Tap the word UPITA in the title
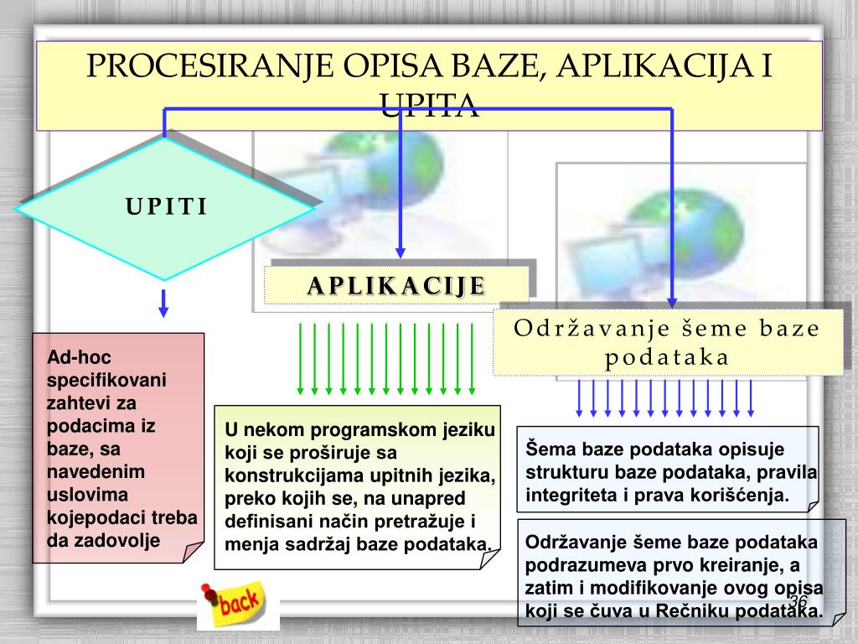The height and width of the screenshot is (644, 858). tap(429, 106)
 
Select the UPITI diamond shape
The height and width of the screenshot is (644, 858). tap(165, 207)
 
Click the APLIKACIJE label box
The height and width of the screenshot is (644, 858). tap(396, 285)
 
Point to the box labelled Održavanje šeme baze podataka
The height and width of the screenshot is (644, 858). tap(667, 342)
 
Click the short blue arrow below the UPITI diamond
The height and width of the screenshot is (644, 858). tap(163, 303)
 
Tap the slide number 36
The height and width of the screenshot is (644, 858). tap(797, 604)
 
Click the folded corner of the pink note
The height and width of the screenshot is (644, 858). tap(192, 553)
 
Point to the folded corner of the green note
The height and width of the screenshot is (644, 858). tap(492, 559)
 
